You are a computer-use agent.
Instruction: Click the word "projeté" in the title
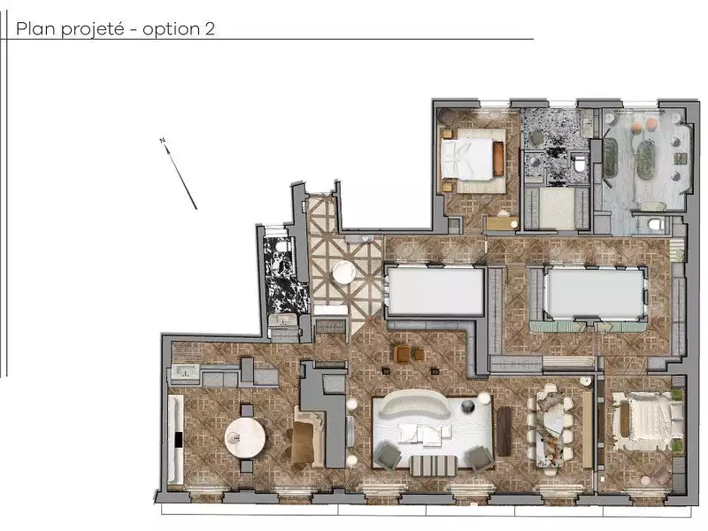pos(92,29)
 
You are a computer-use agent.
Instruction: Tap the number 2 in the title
pos(210,28)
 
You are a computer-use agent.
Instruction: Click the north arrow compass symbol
pos(179,173)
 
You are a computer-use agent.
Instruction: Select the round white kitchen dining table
pos(245,438)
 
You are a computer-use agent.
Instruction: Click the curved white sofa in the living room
pos(413,404)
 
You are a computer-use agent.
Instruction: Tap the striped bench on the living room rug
pos(433,466)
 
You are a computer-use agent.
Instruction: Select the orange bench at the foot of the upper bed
pos(498,158)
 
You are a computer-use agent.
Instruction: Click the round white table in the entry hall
pos(344,272)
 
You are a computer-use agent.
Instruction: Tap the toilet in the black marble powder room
pos(281,246)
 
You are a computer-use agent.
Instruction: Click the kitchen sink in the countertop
pos(186,372)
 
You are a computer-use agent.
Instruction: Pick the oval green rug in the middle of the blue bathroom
pos(647,161)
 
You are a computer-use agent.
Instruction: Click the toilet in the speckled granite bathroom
pos(579,163)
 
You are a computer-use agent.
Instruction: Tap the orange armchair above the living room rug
pos(402,355)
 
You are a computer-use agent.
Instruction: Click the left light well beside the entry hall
pos(435,291)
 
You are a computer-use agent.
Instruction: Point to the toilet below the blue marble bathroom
pos(655,224)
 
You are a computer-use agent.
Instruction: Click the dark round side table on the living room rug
pos(468,406)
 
